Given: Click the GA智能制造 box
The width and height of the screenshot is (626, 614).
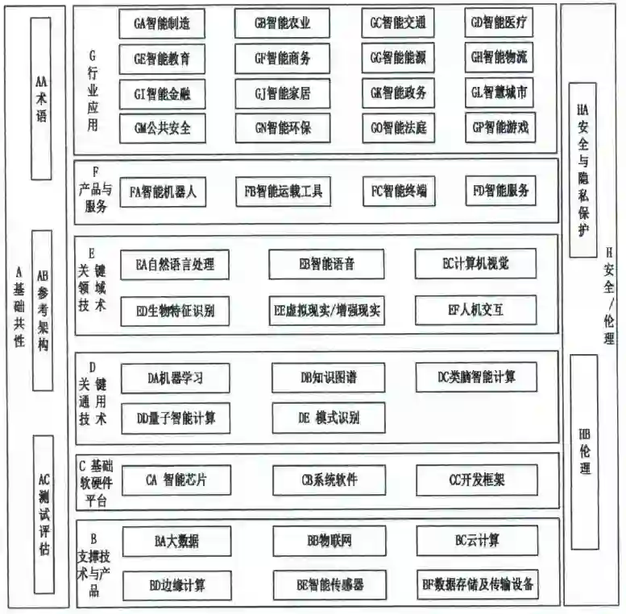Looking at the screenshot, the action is click(x=162, y=23).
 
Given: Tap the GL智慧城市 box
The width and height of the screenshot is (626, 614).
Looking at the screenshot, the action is click(x=499, y=93).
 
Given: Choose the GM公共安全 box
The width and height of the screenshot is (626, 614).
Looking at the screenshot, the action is click(x=162, y=127).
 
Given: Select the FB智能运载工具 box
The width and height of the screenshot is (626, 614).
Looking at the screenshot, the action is click(x=283, y=192).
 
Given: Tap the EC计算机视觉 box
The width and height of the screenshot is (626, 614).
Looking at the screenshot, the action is click(x=475, y=263).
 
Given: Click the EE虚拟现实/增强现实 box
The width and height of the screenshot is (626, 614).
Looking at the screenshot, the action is click(x=326, y=310).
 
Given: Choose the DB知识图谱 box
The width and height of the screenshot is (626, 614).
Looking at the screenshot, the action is click(x=326, y=377).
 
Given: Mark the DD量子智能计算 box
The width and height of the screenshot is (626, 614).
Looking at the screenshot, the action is click(x=176, y=418).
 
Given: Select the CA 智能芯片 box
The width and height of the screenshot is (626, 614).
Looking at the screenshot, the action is click(x=176, y=480).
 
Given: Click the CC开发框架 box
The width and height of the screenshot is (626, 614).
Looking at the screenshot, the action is click(x=476, y=480).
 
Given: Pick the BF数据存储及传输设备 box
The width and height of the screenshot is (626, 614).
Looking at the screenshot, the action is click(x=478, y=583).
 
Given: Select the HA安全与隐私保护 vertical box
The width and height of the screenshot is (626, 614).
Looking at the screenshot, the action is click(x=582, y=170).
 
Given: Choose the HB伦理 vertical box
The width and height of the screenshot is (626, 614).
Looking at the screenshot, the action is click(x=584, y=451).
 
